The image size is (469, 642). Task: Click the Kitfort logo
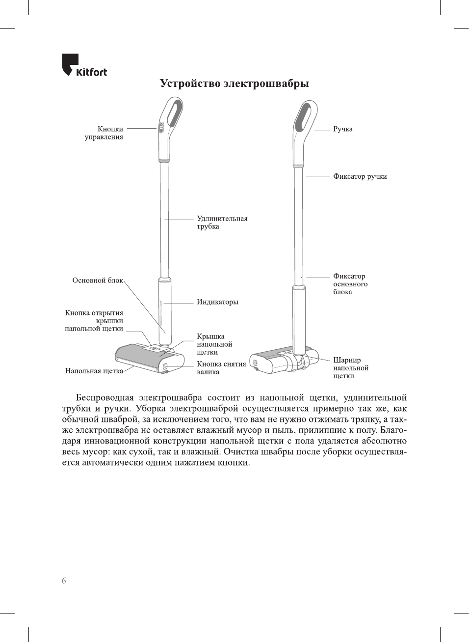84,66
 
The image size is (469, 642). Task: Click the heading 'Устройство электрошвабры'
234,84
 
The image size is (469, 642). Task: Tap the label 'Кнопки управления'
104,133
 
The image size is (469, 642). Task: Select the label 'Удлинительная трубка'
222,223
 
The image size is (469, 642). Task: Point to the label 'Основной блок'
98,280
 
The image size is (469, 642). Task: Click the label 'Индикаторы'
217,302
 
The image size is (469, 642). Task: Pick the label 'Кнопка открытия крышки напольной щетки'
94,321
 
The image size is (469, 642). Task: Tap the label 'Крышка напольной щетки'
214,344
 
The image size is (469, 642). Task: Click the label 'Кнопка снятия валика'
221,368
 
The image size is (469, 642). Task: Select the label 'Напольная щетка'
94,371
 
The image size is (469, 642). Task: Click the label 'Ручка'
343,129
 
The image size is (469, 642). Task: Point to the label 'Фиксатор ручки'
360,176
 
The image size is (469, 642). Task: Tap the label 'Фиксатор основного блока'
350,284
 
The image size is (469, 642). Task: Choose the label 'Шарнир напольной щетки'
351,368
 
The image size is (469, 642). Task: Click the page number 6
64,581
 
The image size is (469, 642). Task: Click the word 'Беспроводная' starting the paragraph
104,398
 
